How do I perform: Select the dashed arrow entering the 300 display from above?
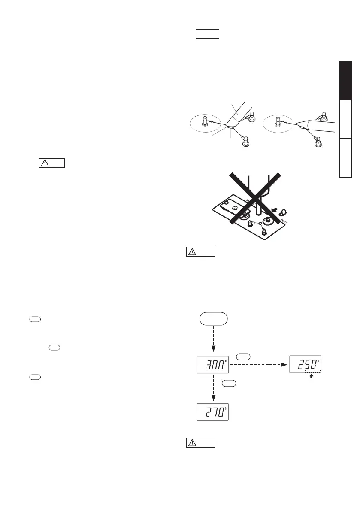coord(213,341)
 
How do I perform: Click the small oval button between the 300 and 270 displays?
coord(229,384)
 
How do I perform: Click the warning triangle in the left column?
coord(44,163)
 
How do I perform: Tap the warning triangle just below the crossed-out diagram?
coord(192,252)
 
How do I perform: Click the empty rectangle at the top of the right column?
coord(208,34)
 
